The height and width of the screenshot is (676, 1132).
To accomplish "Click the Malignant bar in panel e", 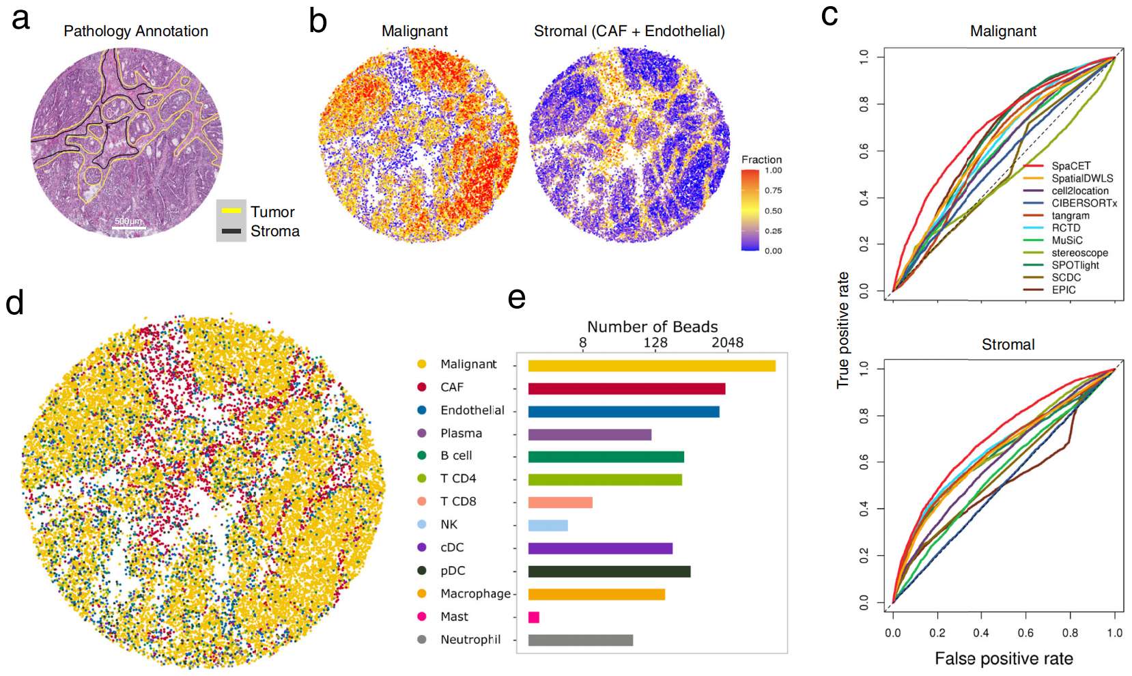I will [x=651, y=366].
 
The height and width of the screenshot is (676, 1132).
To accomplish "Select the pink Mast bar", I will [x=534, y=617].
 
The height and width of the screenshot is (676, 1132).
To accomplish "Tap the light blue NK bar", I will [x=548, y=525].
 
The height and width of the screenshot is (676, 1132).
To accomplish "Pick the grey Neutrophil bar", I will [x=580, y=640].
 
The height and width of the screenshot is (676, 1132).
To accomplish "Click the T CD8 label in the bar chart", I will [x=458, y=501].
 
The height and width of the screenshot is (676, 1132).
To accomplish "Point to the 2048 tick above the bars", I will [x=727, y=343].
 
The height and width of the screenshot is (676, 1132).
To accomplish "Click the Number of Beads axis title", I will [x=652, y=326].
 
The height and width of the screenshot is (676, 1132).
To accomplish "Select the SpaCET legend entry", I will [x=1071, y=166].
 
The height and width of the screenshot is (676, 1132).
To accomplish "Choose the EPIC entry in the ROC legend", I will [x=1063, y=290].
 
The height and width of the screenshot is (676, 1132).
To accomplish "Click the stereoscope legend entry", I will [x=1079, y=253].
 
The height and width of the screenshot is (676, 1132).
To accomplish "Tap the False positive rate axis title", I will [x=1003, y=659].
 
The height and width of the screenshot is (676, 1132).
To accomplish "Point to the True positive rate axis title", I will [x=843, y=330].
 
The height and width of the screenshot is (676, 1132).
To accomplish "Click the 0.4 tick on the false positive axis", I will [x=981, y=633].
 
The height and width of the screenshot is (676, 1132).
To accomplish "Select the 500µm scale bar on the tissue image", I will [x=128, y=225].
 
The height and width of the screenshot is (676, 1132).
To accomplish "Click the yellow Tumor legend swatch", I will [x=231, y=211].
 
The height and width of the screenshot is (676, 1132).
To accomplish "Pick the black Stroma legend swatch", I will [x=231, y=231].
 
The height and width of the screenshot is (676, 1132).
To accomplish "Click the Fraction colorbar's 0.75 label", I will [x=773, y=191].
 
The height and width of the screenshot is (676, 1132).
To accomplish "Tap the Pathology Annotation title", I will [x=136, y=31].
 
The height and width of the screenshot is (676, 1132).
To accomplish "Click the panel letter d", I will [x=15, y=302].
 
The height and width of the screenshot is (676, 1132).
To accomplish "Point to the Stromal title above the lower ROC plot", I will [x=1008, y=345].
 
